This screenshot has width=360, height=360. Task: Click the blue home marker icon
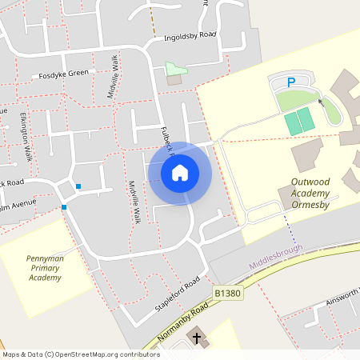point(179,173)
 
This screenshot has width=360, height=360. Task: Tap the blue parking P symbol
point(291,82)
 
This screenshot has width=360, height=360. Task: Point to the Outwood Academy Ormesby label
point(316,193)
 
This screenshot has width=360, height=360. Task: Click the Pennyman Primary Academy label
point(45,268)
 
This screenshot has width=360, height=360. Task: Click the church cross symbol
point(197,338)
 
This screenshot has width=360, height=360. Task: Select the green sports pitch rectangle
point(298,123)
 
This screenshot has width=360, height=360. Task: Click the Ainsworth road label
point(342,298)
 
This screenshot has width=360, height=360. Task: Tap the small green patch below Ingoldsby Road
point(174,69)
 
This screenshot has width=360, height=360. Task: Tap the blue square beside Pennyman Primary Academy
point(63,207)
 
